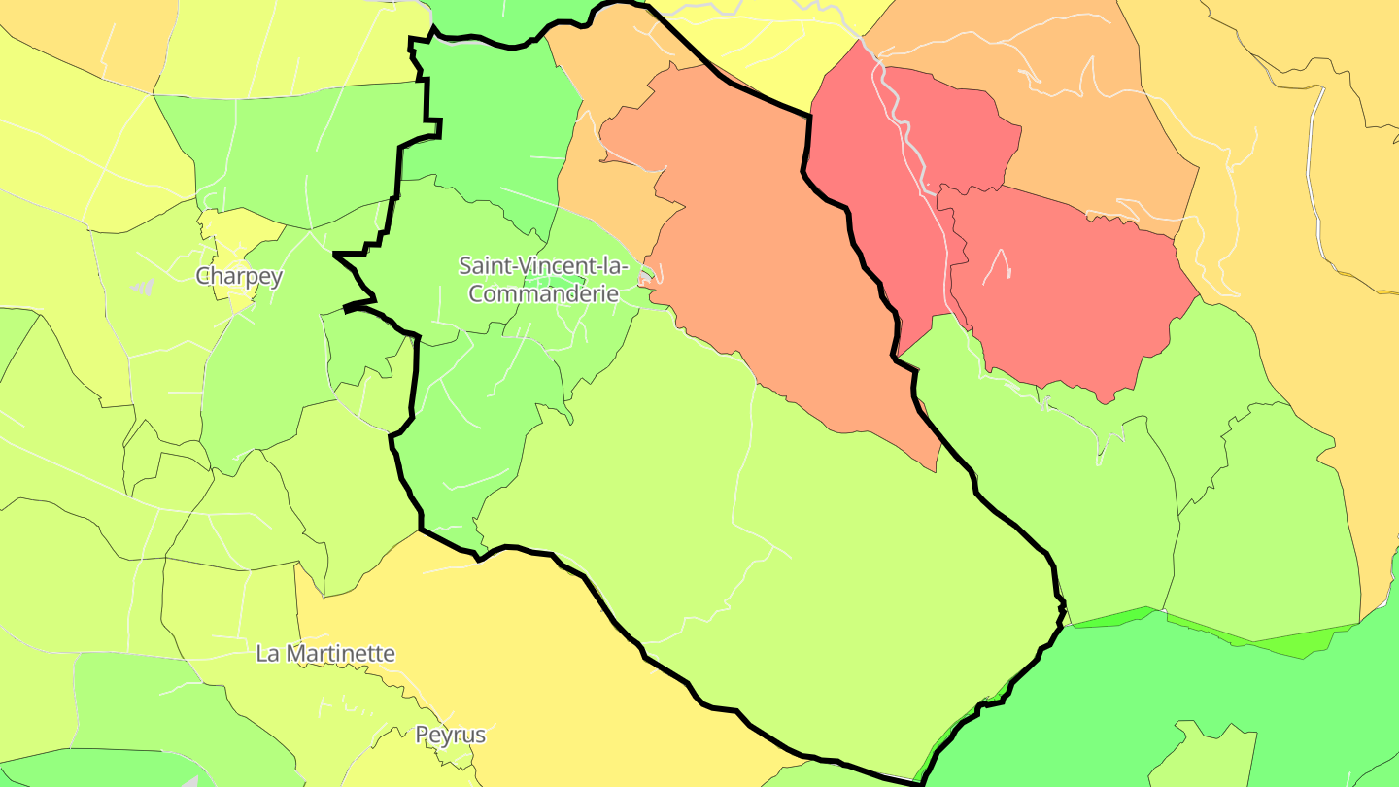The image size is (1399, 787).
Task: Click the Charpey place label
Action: (239, 276)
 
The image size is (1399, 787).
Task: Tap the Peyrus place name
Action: (451, 735)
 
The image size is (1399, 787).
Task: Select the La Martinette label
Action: (325, 653)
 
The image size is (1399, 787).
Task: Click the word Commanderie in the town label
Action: (544, 292)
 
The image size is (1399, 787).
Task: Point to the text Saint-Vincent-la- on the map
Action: (543, 264)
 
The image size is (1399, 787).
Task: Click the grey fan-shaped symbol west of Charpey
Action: (143, 287)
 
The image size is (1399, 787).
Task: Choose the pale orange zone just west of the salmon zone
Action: (602, 194)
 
